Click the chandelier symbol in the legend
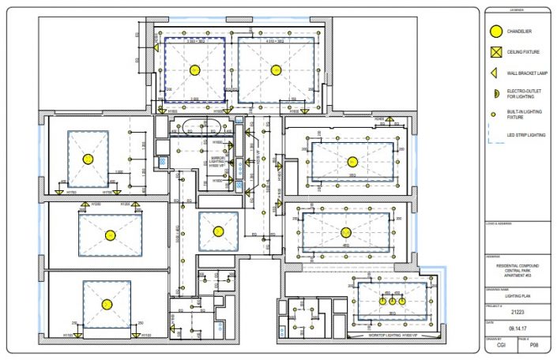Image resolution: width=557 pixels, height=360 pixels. pyautogui.click(x=495, y=32)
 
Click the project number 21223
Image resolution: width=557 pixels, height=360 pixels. pyautogui.click(x=517, y=313)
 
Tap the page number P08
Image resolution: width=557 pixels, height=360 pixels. pyautogui.click(x=533, y=345)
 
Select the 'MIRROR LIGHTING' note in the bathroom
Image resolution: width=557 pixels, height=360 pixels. pyautogui.click(x=214, y=160)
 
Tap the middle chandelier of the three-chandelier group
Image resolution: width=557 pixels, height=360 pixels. pyautogui.click(x=391, y=302)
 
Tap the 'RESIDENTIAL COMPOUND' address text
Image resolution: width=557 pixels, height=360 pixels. pyautogui.click(x=517, y=266)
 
